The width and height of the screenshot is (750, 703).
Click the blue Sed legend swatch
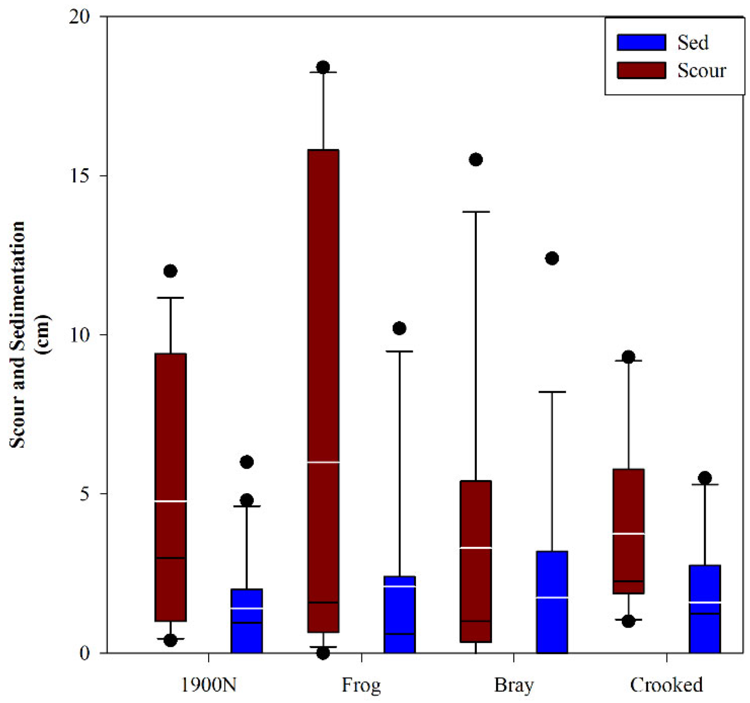[641, 42]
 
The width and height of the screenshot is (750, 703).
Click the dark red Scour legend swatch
[641, 70]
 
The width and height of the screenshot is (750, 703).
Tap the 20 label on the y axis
[79, 17]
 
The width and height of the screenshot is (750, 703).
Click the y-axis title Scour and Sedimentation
[17, 334]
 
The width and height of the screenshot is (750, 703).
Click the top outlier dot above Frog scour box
[323, 67]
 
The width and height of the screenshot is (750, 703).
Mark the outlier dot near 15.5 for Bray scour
[476, 159]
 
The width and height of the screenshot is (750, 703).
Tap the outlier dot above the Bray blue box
[552, 258]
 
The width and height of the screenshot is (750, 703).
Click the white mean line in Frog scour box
[323, 462]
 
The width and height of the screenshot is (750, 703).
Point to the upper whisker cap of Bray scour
[476, 211]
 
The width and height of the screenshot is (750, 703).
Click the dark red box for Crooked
[628, 531]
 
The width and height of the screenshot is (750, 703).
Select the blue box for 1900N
[246, 621]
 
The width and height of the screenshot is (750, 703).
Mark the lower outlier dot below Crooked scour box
[628, 621]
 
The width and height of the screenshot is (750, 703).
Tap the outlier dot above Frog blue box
[399, 328]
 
